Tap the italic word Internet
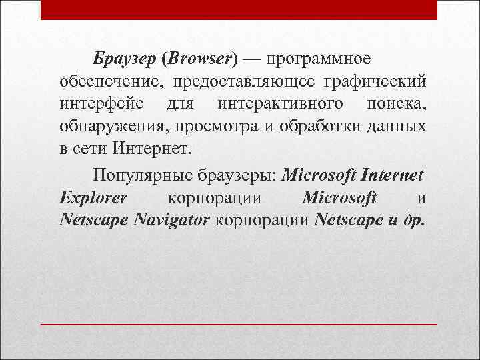[391, 176]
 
